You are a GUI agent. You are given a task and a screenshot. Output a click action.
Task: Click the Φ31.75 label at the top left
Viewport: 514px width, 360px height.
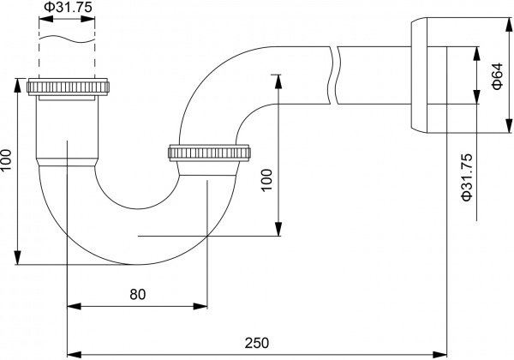(x=66, y=9)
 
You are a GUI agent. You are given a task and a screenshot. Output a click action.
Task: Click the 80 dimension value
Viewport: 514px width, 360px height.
(x=137, y=294)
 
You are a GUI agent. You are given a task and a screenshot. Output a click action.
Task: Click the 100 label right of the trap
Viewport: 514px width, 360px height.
(x=266, y=178)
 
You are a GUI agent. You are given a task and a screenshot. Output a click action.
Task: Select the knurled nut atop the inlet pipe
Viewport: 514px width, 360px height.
(x=69, y=87)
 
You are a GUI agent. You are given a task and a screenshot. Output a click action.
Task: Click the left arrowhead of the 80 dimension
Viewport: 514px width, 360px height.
(x=71, y=305)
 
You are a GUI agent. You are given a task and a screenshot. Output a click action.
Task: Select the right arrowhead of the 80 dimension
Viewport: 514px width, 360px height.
(x=203, y=305)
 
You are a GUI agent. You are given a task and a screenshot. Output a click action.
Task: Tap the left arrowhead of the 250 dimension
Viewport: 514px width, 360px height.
(x=72, y=352)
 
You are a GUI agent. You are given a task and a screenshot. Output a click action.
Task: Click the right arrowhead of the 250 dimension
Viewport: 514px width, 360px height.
(x=442, y=352)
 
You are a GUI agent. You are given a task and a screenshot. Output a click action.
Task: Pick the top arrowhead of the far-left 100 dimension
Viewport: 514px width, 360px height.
(x=16, y=83)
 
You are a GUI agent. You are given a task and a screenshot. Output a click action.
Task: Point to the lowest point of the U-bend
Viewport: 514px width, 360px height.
(x=128, y=263)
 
